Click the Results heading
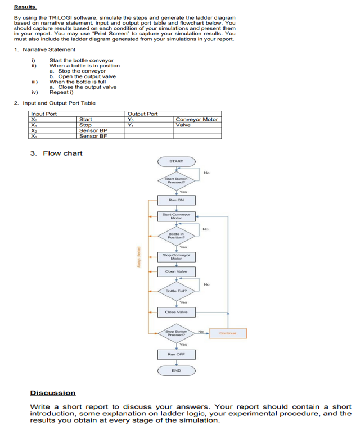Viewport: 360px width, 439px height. click(x=25, y=7)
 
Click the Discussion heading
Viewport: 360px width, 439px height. click(x=52, y=393)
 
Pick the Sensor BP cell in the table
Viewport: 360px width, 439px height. click(x=93, y=130)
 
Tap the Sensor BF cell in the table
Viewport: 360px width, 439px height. click(x=93, y=136)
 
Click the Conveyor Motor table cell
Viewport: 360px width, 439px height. click(x=196, y=119)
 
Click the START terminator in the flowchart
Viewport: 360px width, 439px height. click(x=176, y=161)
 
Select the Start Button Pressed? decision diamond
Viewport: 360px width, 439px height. click(x=176, y=181)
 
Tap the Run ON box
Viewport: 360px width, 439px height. click(x=176, y=200)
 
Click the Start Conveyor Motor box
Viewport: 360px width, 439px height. click(x=176, y=216)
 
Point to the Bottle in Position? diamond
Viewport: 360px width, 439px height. click(x=176, y=236)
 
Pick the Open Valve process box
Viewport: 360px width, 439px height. click(x=176, y=271)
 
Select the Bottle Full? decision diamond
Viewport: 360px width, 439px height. click(x=176, y=291)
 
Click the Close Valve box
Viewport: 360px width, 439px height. click(x=176, y=312)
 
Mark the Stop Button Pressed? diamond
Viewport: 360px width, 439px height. click(x=176, y=333)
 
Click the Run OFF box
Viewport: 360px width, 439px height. click(x=176, y=354)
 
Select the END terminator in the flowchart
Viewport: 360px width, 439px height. click(x=176, y=371)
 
